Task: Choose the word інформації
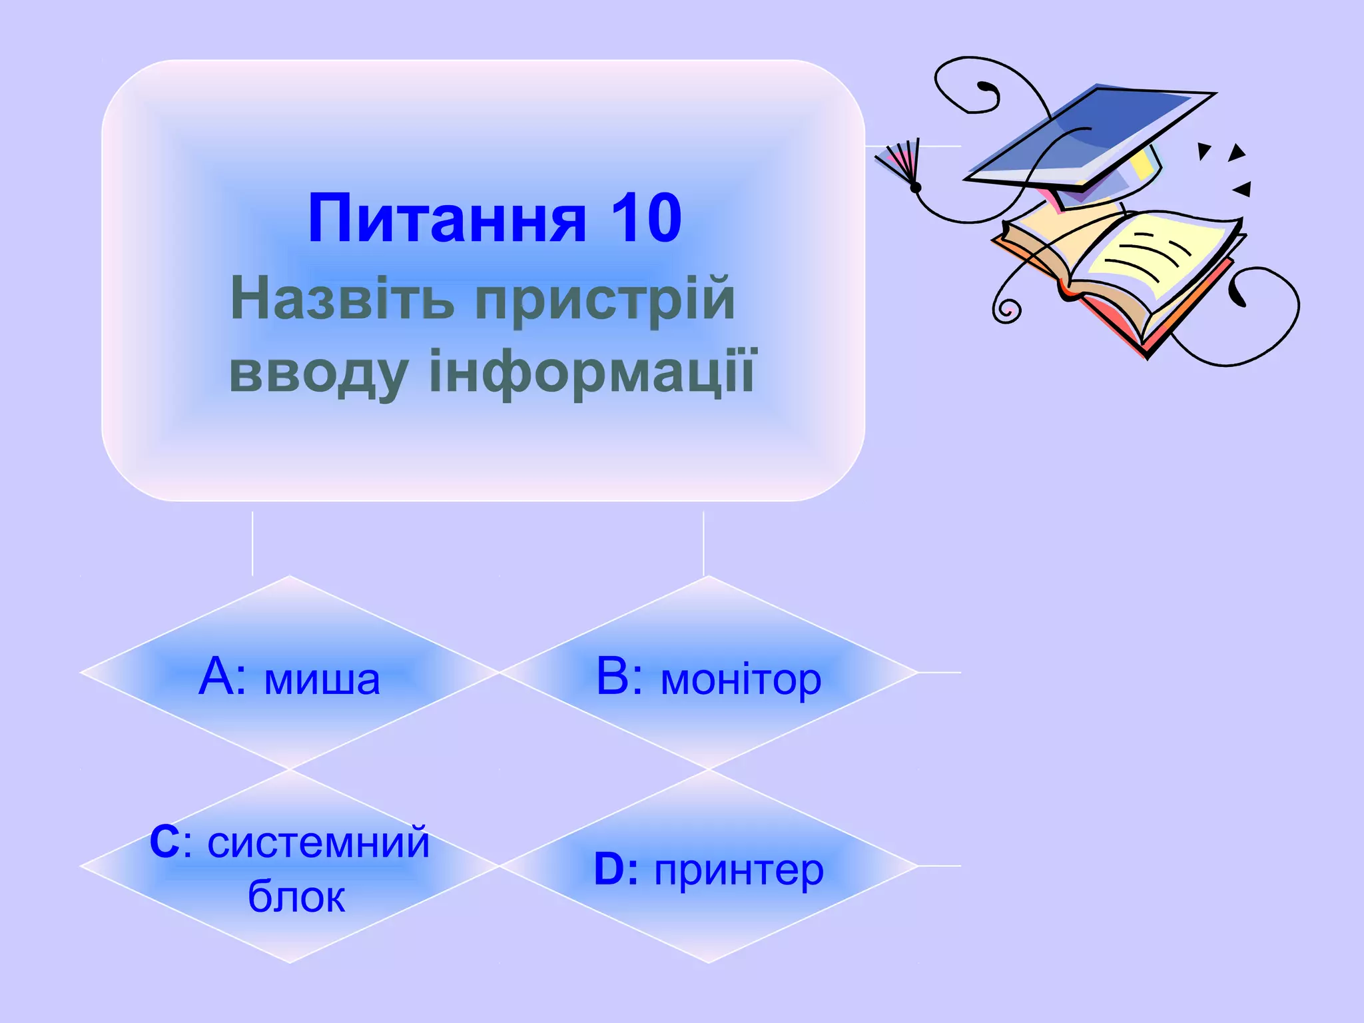point(592,372)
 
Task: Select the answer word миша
point(322,679)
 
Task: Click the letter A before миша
point(216,677)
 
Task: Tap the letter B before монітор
point(613,677)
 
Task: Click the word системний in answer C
point(318,843)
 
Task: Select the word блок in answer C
point(296,896)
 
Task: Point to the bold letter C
point(164,842)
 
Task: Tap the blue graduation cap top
point(1092,133)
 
